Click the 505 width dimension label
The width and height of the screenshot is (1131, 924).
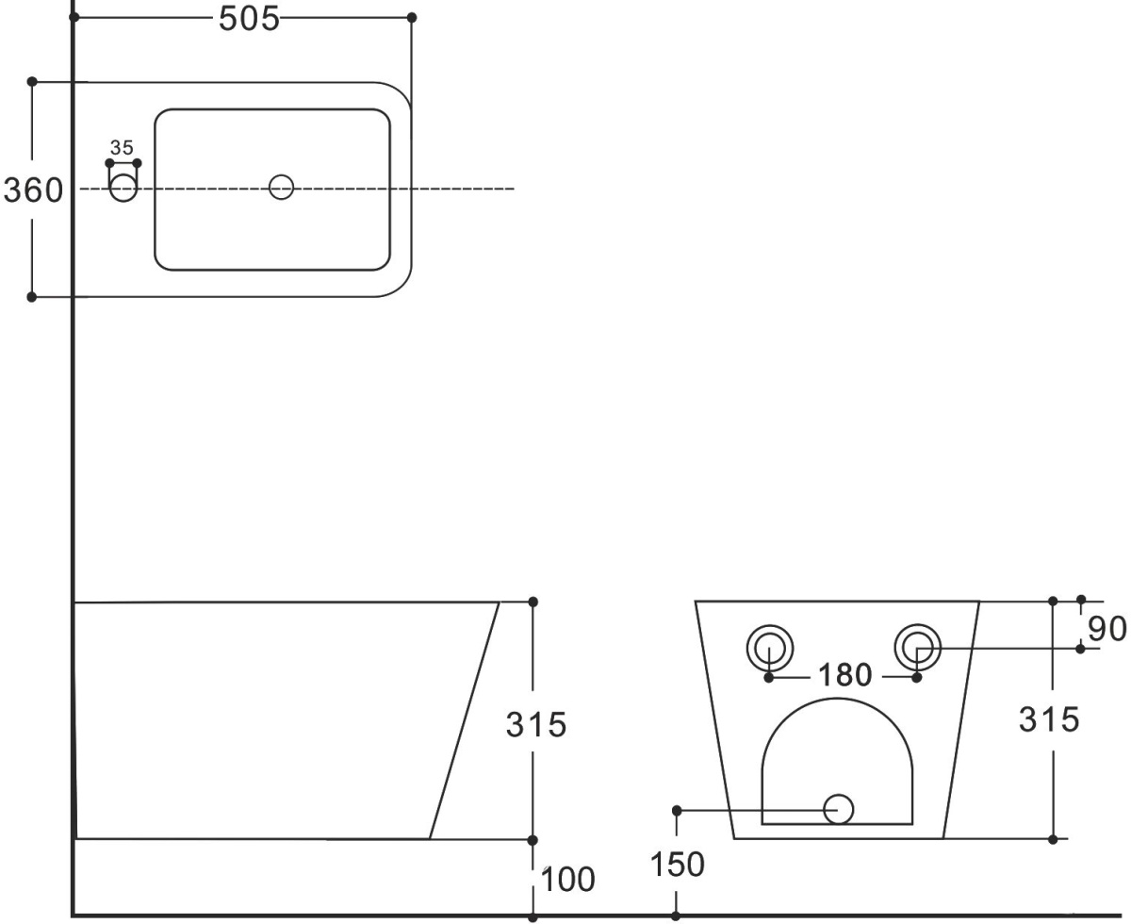tap(249, 19)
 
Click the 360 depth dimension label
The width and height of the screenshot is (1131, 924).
tap(33, 190)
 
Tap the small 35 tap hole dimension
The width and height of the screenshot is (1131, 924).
tap(122, 148)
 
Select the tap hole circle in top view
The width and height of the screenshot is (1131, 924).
tap(123, 188)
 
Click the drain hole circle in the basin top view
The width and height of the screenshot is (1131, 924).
tap(281, 188)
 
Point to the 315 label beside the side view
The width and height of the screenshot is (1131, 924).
tap(535, 724)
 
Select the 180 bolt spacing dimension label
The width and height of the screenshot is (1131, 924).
tap(845, 675)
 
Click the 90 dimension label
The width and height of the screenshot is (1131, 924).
tap(1107, 629)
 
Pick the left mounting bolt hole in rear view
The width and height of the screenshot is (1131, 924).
tap(770, 648)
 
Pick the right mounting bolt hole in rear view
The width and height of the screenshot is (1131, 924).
tap(918, 647)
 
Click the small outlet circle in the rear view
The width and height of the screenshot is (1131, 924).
tap(838, 809)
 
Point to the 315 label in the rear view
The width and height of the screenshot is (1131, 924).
tap(1049, 719)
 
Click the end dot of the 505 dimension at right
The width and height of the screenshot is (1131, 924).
tap(412, 18)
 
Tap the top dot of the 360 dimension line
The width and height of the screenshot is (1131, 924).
tap(32, 82)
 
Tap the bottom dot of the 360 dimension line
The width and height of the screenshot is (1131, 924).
tap(32, 297)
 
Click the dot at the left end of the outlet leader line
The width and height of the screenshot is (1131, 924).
tap(677, 810)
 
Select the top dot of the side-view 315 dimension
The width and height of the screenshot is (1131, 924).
tap(533, 602)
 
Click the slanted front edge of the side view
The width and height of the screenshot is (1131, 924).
tap(465, 720)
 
